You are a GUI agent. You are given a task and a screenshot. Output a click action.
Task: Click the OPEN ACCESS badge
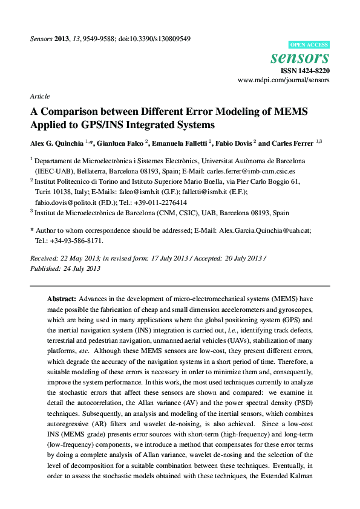tap(309, 45)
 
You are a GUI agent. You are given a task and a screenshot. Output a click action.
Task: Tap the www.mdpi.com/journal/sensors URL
tap(284, 80)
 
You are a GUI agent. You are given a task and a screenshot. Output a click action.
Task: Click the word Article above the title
tap(39, 96)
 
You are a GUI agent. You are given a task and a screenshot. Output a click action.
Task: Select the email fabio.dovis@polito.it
tap(65, 203)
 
